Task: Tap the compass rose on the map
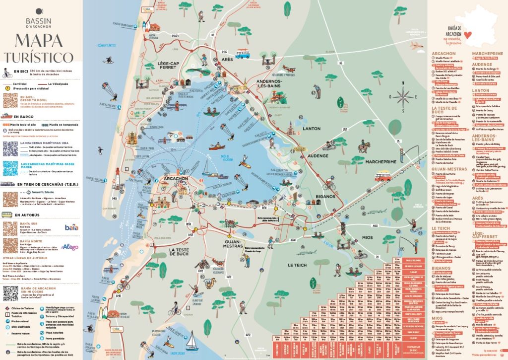click(x=403, y=96)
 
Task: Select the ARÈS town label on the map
click(x=227, y=59)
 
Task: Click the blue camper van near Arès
click(x=243, y=53)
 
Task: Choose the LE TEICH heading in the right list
click(x=441, y=227)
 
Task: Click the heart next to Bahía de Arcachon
click(x=467, y=34)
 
